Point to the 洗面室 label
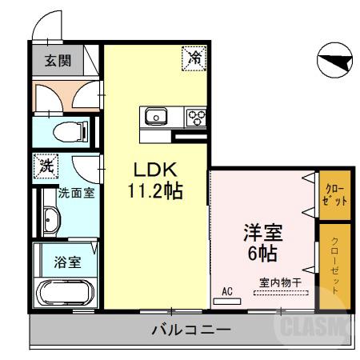pyautogui.click(x=78, y=193)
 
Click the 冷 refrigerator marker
pyautogui.click(x=194, y=57)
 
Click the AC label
pyautogui.click(x=226, y=291)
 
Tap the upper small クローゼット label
pyautogui.click(x=335, y=195)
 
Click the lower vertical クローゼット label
pyautogui.click(x=335, y=266)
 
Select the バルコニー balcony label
pyautogui.click(x=190, y=330)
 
